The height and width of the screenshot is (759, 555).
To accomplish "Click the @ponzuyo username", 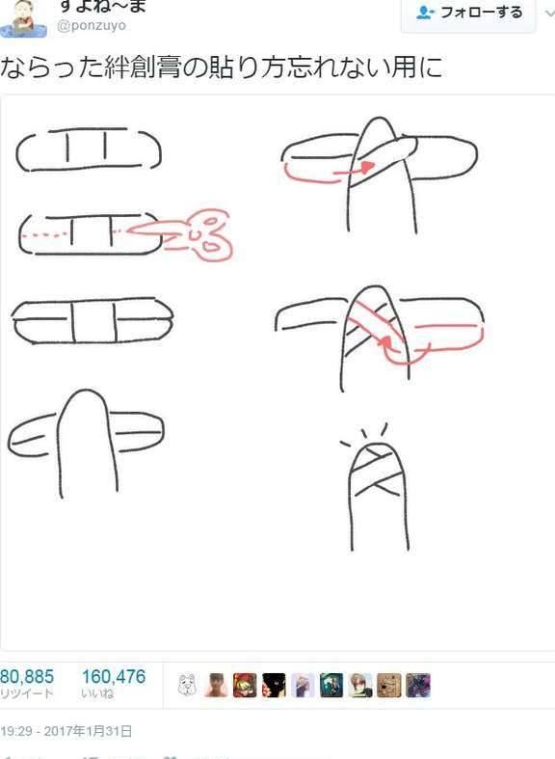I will pyautogui.click(x=92, y=26).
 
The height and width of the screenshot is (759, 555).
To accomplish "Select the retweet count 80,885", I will pyautogui.click(x=27, y=677).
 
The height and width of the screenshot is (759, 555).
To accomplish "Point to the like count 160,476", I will pyautogui.click(x=113, y=677).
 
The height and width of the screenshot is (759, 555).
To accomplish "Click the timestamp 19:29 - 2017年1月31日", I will pyautogui.click(x=66, y=731).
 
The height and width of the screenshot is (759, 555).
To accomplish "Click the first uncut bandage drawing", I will pyautogui.click(x=89, y=149).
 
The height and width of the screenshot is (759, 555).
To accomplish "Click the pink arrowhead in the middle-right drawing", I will pyautogui.click(x=383, y=339).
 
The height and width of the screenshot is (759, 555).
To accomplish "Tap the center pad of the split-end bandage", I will pyautogui.click(x=93, y=316).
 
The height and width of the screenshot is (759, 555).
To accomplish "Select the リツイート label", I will pyautogui.click(x=27, y=694).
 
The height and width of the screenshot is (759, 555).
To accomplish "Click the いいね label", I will pyautogui.click(x=98, y=694).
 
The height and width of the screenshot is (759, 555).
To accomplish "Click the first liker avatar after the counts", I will pyautogui.click(x=189, y=685).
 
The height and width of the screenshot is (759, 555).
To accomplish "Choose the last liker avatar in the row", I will pyautogui.click(x=418, y=685).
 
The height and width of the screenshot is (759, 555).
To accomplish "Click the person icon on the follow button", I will pyautogui.click(x=424, y=13).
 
